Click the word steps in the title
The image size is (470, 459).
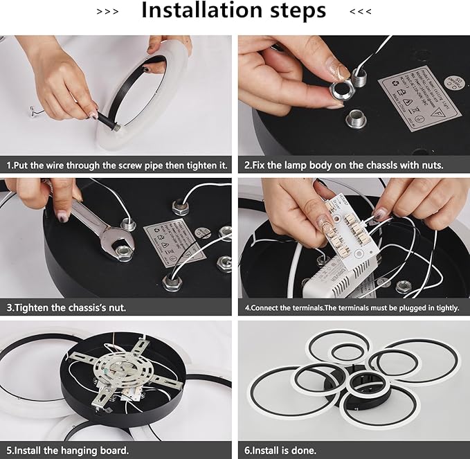click(x=291, y=11)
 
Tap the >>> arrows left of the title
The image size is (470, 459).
click(x=107, y=12)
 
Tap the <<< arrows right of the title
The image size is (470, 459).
click(x=361, y=12)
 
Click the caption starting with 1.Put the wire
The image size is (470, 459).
click(x=117, y=165)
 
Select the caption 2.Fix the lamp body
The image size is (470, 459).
click(x=343, y=165)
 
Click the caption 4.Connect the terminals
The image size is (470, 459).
click(x=352, y=307)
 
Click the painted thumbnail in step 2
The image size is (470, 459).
click(x=341, y=71)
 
